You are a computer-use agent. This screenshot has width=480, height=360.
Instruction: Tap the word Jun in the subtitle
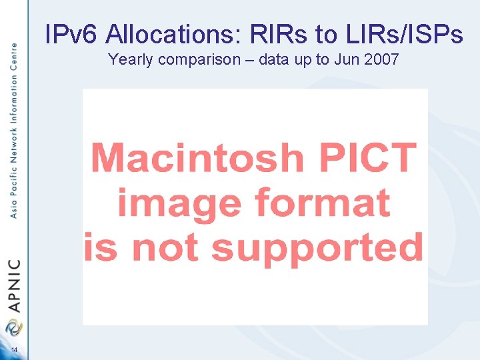coord(347,59)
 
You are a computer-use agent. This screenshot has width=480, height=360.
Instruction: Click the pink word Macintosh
coord(197,158)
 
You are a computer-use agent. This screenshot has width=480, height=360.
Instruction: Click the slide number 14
coord(13,351)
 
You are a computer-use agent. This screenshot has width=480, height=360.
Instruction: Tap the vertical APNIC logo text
coord(14,286)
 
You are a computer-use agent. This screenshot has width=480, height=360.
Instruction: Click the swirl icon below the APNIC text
coord(13,327)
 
